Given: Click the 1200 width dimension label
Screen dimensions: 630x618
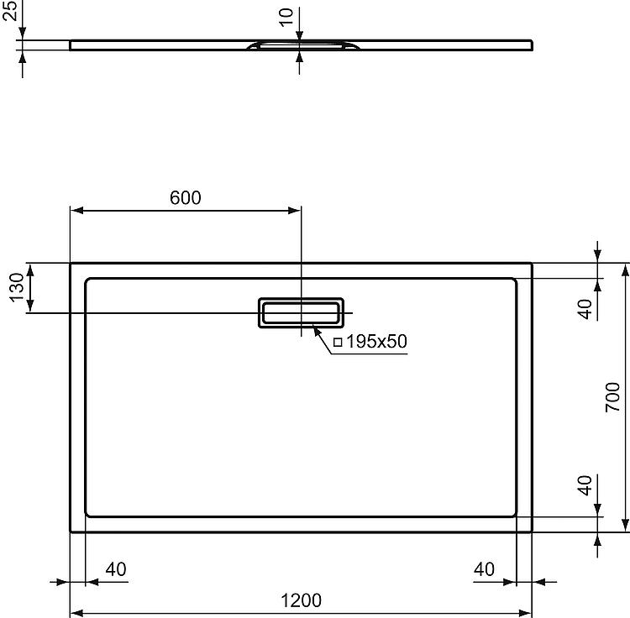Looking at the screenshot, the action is pos(301,600).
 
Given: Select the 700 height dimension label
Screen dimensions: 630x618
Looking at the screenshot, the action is pos(612,397).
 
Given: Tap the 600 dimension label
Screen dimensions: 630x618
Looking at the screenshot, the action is pos(186,197).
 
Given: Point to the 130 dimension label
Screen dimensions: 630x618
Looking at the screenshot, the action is pos(17,287).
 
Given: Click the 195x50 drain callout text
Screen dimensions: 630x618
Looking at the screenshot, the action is pos(376,341).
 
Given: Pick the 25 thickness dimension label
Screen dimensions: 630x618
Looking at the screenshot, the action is pos(10,11).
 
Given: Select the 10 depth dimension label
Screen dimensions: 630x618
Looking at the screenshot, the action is pos(286,18).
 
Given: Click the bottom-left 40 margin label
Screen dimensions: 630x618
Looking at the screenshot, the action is pos(116,569).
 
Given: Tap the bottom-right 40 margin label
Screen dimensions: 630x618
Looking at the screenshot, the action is pos(484,569).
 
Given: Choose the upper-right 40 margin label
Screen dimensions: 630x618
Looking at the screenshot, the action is pos(585,309).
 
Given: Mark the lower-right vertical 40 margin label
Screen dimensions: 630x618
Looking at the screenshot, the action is pos(585,485).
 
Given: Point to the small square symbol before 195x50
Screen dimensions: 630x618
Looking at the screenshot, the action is pos(338,342).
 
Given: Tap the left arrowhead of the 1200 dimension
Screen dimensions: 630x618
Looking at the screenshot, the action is pos(76,613).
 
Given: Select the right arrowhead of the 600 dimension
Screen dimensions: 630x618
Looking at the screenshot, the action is pos(295,211).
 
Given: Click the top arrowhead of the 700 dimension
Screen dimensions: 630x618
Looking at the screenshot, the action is pos(625,270).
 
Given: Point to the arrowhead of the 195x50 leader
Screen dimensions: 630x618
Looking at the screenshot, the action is pos(316,332).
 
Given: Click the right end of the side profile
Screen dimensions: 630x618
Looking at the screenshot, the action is pos(533,45).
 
